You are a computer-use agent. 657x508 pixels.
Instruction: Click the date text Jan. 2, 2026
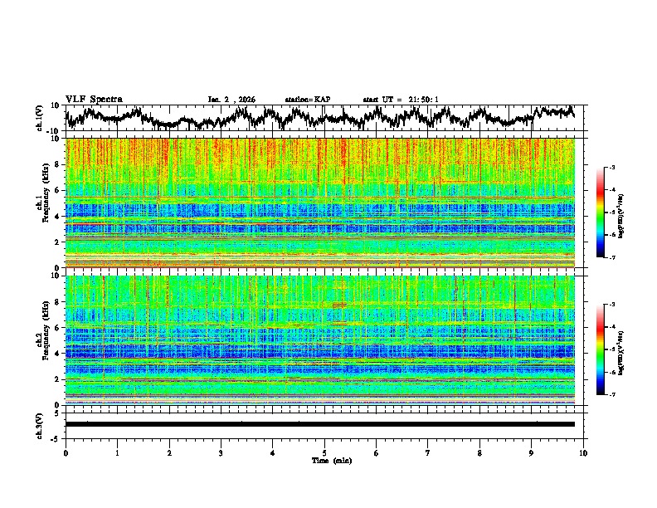click(231, 100)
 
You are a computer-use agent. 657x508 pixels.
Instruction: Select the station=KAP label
click(307, 100)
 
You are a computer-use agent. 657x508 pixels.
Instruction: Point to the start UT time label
click(401, 100)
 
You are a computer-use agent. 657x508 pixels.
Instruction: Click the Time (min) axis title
click(324, 460)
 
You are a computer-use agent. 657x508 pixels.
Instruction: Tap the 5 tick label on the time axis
click(324, 452)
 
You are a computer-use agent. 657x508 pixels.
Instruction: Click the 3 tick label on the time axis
click(221, 452)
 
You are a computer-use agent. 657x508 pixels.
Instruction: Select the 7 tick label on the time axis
click(428, 452)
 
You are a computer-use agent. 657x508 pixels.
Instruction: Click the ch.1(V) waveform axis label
click(40, 118)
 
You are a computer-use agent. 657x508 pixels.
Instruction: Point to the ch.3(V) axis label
click(40, 424)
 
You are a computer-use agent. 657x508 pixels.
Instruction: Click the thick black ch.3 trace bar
click(319, 424)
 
